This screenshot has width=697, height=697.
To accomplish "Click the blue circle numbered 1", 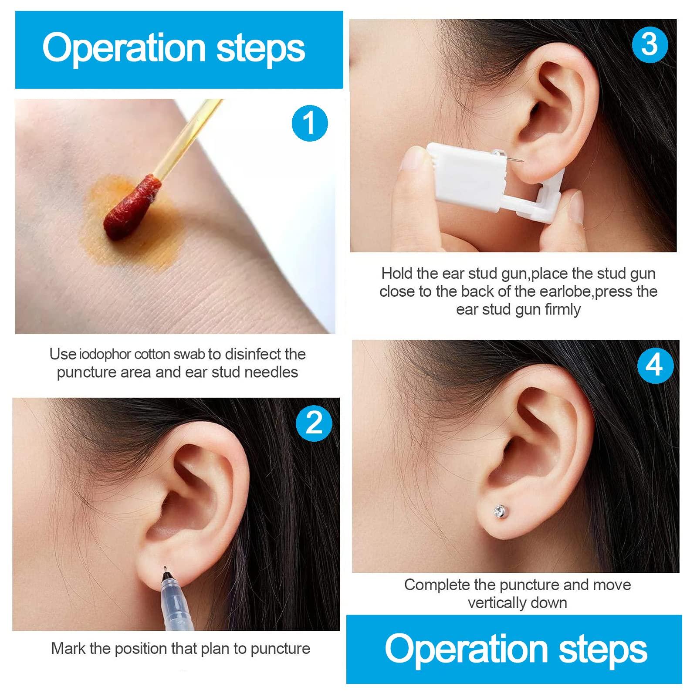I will [x=309, y=123].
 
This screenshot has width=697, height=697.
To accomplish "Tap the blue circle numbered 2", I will [x=315, y=423].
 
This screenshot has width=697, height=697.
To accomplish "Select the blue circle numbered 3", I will [x=650, y=44].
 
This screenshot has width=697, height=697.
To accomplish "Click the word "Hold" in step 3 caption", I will [x=396, y=274].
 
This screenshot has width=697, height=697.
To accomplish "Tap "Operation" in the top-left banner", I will [x=124, y=48].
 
